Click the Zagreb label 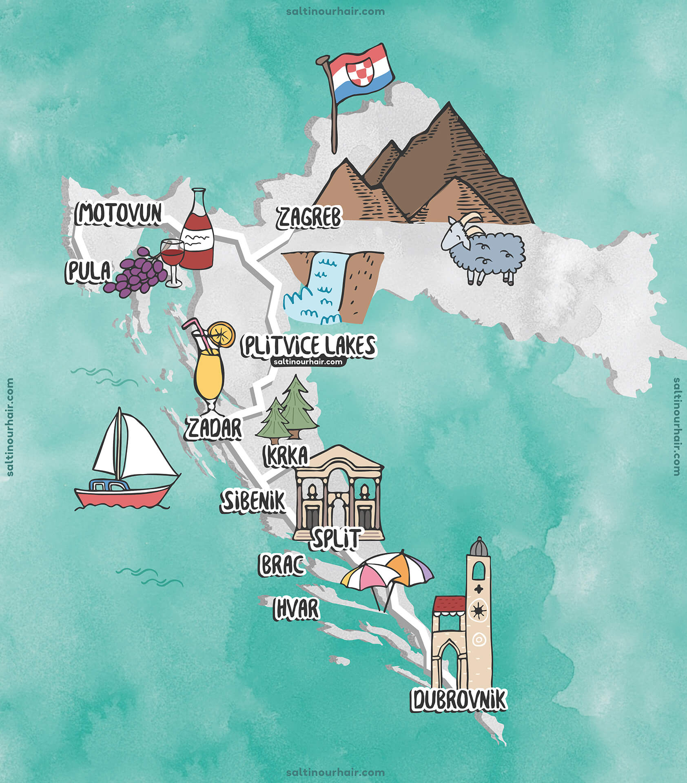pos(309,217)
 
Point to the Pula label pos(88,271)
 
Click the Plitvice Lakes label pos(308,346)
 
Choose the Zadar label pos(213,428)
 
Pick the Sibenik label pos(253,501)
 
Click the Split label pos(335,538)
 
